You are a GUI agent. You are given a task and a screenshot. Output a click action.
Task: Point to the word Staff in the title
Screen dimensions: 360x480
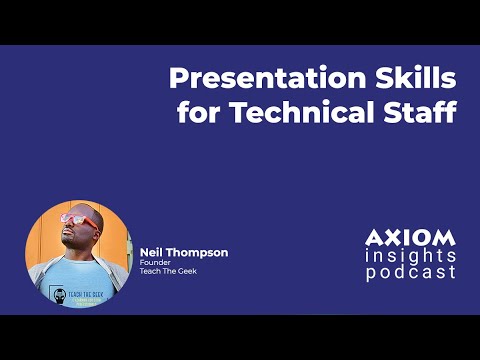tap(422, 112)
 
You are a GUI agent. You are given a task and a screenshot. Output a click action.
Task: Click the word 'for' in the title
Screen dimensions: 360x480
tap(198, 112)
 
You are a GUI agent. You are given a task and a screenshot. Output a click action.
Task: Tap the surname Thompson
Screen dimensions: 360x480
tap(198, 253)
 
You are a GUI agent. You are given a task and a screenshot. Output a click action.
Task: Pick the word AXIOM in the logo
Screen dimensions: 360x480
tap(410, 238)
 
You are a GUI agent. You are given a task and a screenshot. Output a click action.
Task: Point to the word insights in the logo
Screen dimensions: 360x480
tap(410, 255)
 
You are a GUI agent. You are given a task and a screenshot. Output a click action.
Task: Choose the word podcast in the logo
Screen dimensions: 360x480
tap(410, 272)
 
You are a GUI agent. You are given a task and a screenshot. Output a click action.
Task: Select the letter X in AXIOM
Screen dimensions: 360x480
tap(392, 238)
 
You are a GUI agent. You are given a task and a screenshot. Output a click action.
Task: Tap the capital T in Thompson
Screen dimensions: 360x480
tap(172, 253)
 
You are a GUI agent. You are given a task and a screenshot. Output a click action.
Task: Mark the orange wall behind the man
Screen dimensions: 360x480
tap(42, 240)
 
